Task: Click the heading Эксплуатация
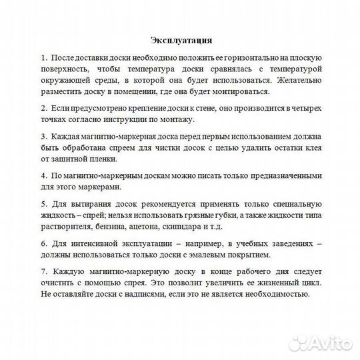coord(180,39)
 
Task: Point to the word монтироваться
coord(240,91)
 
